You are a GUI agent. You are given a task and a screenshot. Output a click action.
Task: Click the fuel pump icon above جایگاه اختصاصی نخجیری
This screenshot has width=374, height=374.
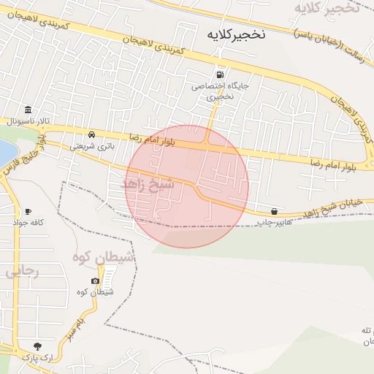point(220,75)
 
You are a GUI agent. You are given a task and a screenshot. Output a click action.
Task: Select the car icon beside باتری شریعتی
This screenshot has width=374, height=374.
point(91,135)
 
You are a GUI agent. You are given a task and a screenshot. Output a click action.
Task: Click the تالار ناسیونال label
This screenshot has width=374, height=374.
point(21,121)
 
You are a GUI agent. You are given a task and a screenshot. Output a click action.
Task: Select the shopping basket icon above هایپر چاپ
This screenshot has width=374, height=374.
point(274,210)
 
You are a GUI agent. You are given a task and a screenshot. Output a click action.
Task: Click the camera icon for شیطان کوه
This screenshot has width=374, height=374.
point(95,281)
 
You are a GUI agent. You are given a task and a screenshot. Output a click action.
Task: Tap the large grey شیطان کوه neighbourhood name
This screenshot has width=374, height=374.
point(103,257)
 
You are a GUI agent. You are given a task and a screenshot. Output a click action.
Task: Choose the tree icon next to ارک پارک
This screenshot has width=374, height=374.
point(37,346)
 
